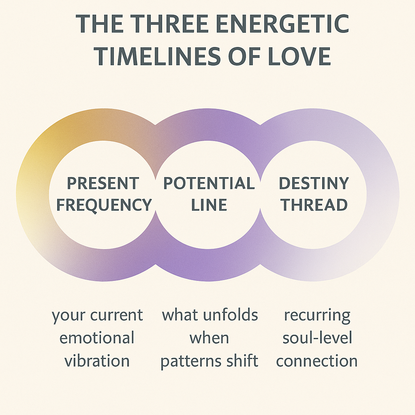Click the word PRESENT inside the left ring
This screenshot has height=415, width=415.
(103, 184)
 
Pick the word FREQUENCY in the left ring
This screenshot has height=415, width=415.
(104, 205)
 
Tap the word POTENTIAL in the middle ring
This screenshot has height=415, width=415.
(208, 184)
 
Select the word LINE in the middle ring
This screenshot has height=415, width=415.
(208, 205)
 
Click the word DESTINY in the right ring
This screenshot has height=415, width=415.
(314, 184)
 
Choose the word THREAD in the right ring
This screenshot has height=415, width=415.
(314, 205)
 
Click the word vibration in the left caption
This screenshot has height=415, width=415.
(98, 360)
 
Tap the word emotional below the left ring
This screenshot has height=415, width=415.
(97, 338)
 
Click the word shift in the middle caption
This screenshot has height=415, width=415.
(243, 360)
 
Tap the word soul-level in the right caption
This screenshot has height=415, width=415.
(317, 338)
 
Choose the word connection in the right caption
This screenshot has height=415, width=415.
(317, 360)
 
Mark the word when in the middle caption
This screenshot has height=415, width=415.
(209, 338)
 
